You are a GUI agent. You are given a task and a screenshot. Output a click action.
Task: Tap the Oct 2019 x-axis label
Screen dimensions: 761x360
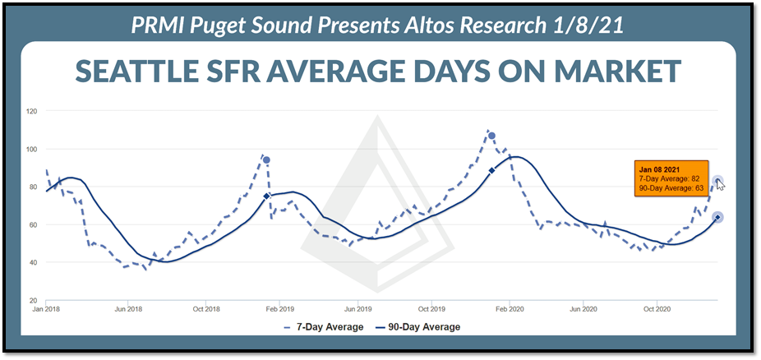coord(431,309)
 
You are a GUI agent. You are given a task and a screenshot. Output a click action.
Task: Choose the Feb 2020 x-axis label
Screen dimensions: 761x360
coord(509,309)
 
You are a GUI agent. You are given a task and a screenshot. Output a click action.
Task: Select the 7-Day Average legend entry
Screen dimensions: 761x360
coord(323,327)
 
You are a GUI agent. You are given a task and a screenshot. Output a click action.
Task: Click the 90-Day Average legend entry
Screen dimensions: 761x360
coord(417,327)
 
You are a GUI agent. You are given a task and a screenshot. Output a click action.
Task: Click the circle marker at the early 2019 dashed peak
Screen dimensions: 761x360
coord(266,160)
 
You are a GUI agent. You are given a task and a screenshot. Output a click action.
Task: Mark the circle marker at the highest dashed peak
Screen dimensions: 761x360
coord(491,136)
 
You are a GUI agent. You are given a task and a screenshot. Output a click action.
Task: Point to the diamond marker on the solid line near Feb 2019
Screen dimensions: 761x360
coord(266,196)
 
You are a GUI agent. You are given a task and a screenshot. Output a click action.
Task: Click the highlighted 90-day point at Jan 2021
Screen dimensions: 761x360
coord(717,217)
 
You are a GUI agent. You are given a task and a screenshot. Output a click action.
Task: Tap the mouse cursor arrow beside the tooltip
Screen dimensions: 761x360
coord(720,185)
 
